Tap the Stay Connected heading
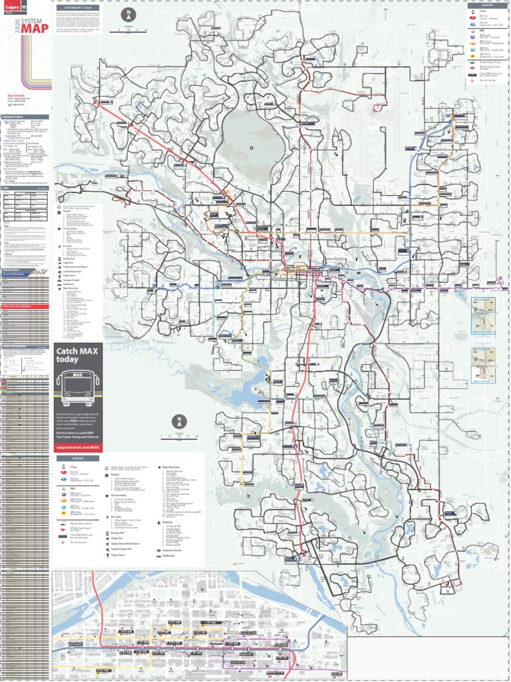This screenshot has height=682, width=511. pyautogui.click(x=15, y=96)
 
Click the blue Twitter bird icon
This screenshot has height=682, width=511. pyautogui.click(x=9, y=105)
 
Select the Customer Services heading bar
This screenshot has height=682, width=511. pyautogui.click(x=25, y=117)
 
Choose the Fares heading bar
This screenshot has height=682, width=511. pyautogui.click(x=25, y=188)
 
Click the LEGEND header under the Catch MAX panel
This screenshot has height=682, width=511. pyautogui.click(x=79, y=460)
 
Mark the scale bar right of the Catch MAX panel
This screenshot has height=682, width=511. pyautogui.click(x=178, y=437)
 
